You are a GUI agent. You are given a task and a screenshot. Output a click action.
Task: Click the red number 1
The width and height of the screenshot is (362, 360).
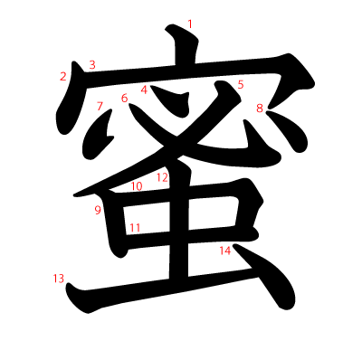click(x=190, y=24)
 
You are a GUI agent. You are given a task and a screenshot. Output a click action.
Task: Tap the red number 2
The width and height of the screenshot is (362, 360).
click(x=63, y=76)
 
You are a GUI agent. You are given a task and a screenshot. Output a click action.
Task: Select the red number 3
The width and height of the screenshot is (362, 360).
click(x=92, y=64)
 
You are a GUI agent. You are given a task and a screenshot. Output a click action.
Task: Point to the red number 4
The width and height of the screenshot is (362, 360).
click(x=144, y=90)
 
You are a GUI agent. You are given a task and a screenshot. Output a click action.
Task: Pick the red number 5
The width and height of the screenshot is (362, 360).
click(x=241, y=85)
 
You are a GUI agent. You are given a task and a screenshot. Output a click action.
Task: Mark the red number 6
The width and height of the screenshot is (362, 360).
click(x=124, y=99)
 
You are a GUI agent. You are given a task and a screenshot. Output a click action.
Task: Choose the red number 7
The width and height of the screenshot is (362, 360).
click(x=100, y=106)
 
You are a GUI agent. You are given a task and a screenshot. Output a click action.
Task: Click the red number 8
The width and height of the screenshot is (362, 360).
click(x=260, y=109)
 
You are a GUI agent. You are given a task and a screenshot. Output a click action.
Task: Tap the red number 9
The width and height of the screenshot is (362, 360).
click(x=97, y=211)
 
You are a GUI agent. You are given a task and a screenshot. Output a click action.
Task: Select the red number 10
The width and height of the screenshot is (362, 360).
click(x=137, y=187)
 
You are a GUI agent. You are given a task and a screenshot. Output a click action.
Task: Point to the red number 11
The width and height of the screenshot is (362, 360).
click(x=134, y=228)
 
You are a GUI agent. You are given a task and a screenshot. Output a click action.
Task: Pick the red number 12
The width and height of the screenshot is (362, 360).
click(x=162, y=177)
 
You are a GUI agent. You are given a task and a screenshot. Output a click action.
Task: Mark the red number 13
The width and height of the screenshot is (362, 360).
click(x=59, y=279)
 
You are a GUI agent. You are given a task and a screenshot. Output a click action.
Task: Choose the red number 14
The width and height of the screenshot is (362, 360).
click(x=225, y=251)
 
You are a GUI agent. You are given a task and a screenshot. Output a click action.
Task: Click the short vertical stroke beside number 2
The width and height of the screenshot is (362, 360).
click(x=69, y=104)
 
